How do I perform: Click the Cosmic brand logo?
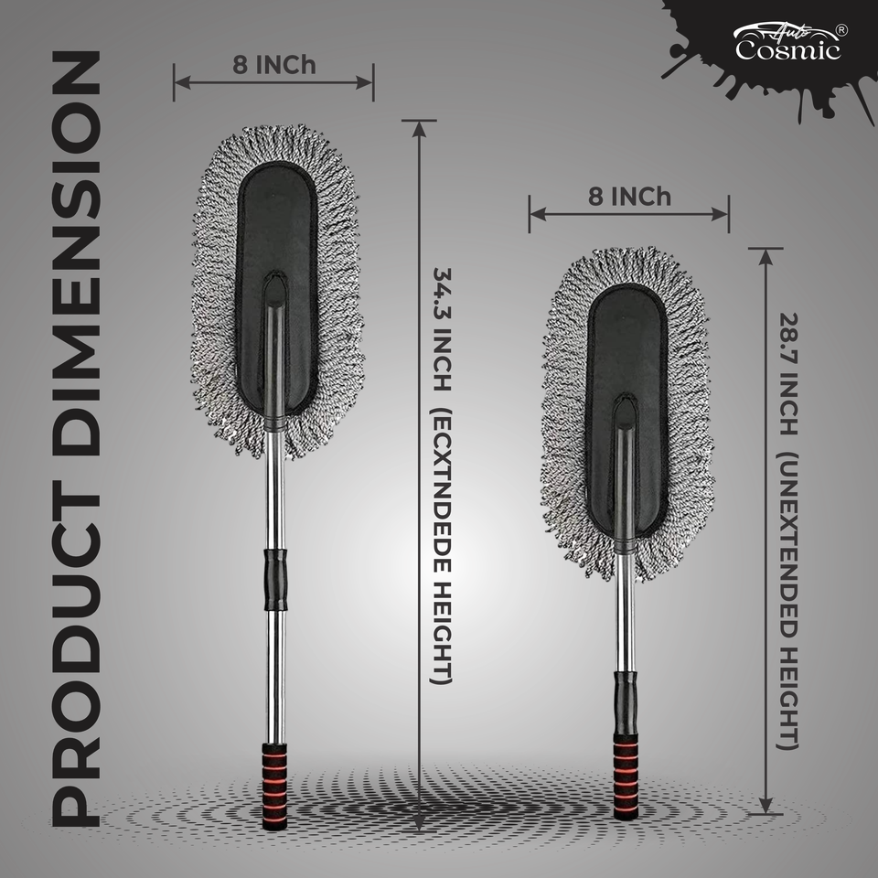(x=787, y=43)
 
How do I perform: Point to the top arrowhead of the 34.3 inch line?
(x=419, y=126)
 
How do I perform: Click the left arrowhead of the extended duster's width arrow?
(x=179, y=82)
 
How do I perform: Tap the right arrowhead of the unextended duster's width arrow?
(x=723, y=213)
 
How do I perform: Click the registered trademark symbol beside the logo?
(x=841, y=29)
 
